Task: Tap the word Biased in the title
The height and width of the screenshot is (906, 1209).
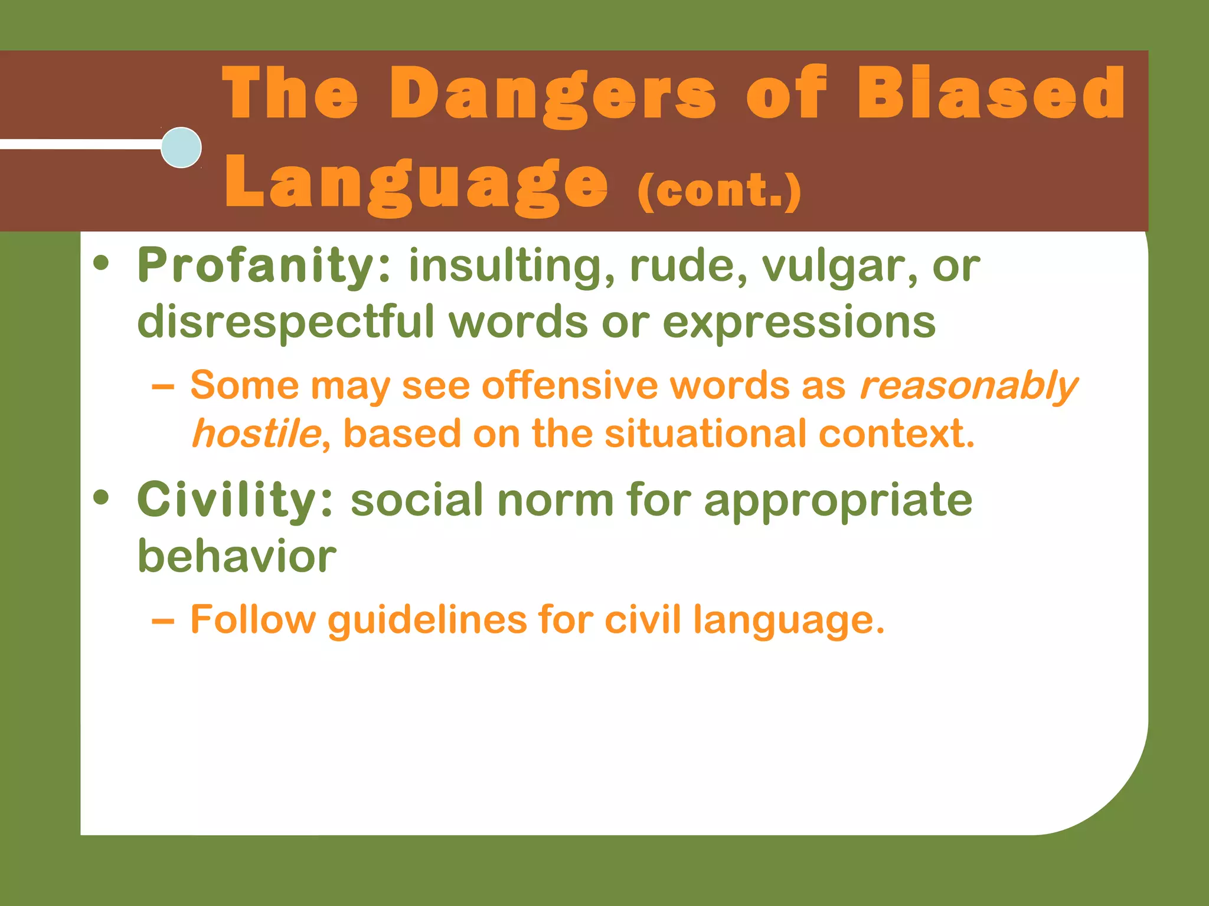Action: coord(991,93)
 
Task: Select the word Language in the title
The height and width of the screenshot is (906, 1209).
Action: coord(416,184)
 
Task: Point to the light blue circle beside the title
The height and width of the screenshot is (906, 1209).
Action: coord(181,147)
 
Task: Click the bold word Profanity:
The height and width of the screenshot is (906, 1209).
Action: coord(264,266)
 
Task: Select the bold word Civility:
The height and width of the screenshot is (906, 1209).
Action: coord(235,500)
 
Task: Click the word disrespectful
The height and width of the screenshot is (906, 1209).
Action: coord(286,322)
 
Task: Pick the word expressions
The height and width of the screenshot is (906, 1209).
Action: coord(799,323)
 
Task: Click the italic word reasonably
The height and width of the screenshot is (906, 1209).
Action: coord(968,386)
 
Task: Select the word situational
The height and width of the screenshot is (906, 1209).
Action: coord(705,434)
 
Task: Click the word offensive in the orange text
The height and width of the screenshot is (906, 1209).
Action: coord(570,386)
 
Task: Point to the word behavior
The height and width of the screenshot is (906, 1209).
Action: coord(237,556)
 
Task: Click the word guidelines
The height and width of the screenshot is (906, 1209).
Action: coord(427,620)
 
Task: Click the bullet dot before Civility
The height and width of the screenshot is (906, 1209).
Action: coord(101,497)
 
